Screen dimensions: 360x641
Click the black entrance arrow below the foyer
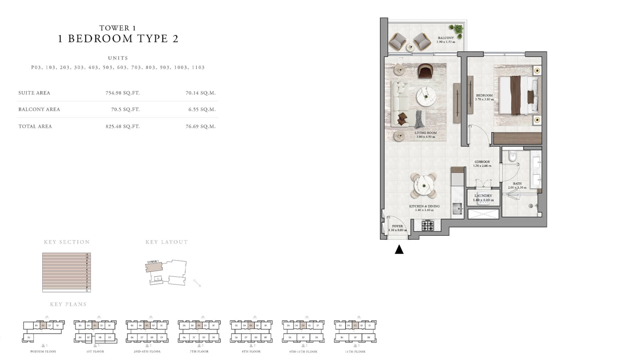399,249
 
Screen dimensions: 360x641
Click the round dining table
423,185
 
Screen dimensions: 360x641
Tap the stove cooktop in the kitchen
428,225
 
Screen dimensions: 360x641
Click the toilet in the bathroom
512,157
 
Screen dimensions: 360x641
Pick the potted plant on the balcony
458,30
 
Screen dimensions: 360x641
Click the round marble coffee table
426,97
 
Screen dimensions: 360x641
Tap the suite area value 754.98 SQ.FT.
123,93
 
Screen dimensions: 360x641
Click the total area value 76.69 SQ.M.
200,126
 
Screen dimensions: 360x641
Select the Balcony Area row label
39,109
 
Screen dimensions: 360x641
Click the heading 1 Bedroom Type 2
118,38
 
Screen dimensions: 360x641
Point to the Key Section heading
67,242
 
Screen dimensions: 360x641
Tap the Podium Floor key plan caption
43,351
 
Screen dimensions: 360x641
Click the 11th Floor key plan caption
355,351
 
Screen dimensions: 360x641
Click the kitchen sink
458,208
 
